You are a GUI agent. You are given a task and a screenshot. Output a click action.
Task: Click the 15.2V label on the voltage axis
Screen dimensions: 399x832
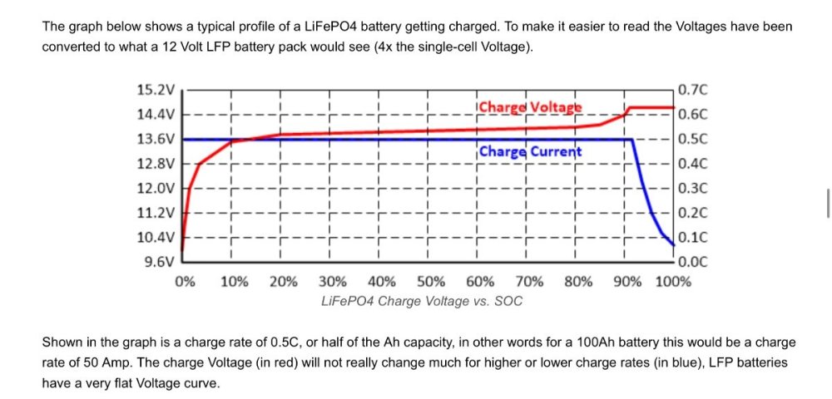coord(156,89)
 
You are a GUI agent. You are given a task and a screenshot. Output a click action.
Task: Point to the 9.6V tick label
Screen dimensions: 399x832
coord(159,262)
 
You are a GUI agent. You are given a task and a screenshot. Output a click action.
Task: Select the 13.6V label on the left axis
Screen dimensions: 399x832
coord(156,139)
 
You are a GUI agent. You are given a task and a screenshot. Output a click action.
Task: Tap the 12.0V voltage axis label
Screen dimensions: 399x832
coord(156,188)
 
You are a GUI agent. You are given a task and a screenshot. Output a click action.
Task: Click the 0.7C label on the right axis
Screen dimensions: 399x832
coord(692,89)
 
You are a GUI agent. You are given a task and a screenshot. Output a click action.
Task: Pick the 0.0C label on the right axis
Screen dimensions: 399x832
coord(692,262)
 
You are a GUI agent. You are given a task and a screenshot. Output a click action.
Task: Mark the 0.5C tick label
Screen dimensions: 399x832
coord(692,139)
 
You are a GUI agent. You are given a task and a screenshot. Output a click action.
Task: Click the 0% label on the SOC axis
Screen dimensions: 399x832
coord(185,281)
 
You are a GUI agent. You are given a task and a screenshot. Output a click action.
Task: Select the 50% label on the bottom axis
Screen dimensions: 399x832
coord(430,281)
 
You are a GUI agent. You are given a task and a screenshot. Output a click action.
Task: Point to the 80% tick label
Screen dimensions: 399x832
coord(578,281)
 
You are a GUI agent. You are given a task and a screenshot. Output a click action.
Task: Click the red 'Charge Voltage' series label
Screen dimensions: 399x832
coord(530,107)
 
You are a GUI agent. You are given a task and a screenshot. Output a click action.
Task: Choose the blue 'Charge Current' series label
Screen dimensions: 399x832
coord(530,152)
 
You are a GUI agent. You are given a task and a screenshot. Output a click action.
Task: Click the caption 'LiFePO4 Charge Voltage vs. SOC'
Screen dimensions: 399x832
coord(422,301)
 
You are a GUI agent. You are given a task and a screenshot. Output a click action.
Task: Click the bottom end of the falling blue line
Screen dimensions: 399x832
coord(673,244)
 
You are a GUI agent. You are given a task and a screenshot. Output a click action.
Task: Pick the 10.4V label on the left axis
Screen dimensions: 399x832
coord(156,238)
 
